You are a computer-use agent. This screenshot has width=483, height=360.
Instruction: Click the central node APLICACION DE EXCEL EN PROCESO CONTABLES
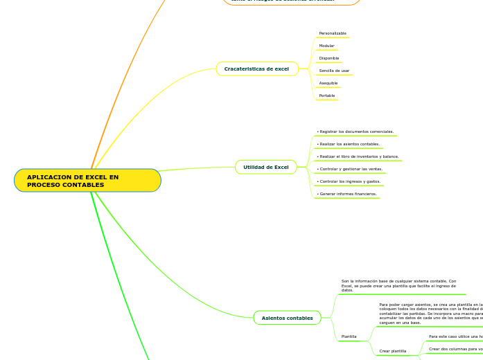87,181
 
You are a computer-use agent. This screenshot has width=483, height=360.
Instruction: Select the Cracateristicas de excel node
256,69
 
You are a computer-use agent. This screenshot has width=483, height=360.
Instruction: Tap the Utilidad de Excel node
265,167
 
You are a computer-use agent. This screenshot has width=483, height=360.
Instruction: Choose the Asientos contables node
287,318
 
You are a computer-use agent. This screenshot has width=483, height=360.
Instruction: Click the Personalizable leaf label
333,33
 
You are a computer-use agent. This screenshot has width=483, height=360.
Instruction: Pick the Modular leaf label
326,46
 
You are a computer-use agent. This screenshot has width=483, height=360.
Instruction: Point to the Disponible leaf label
328,58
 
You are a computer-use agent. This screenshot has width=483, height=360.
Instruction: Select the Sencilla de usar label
334,71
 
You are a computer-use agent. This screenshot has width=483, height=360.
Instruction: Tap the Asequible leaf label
328,83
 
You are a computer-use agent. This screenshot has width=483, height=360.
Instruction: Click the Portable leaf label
326,96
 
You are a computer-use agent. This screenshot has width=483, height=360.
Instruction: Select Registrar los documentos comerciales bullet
355,132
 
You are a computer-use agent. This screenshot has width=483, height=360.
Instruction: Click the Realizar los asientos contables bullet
348,144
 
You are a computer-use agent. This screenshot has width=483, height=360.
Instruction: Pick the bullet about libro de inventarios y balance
358,156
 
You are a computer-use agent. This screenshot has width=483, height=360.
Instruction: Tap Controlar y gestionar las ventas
349,169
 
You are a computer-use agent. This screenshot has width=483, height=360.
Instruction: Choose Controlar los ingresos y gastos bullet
349,181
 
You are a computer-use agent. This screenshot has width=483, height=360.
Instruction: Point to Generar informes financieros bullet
346,194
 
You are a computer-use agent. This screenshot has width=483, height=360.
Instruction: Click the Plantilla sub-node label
349,336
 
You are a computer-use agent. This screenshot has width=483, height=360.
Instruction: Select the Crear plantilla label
392,351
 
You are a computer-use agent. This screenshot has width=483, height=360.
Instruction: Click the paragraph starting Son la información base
398,286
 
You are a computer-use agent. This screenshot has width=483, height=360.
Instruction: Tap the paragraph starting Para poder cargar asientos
430,314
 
